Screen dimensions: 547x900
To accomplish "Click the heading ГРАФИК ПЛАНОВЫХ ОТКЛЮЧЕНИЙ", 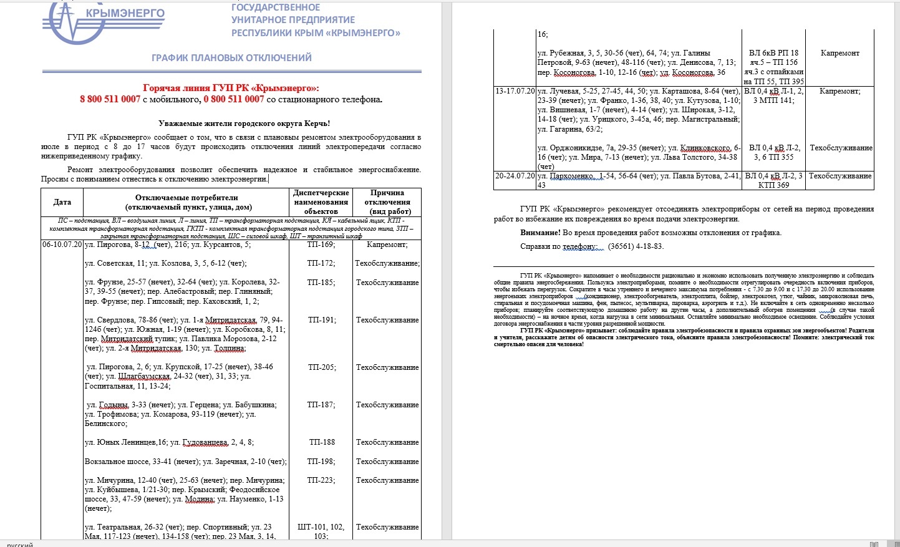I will point(231,58).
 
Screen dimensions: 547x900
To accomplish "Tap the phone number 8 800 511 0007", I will point(110,99).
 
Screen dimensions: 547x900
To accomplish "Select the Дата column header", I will point(62,202).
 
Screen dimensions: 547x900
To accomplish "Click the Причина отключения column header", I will point(387,202).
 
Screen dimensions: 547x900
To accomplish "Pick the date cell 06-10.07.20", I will point(62,244).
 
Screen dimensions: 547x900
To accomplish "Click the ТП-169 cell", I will point(321,244).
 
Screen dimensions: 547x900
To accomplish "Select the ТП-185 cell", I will point(321,283).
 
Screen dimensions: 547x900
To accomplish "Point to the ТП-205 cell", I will point(321,367).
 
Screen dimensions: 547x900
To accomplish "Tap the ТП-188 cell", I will point(322,442).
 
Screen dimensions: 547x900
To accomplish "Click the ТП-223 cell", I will point(321,480).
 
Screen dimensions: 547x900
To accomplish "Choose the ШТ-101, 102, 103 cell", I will point(321,531).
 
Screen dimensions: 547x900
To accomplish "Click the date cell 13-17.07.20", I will point(515,91).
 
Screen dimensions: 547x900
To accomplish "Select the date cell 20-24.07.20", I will point(515,176).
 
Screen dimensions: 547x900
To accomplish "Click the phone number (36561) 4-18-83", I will point(636,246).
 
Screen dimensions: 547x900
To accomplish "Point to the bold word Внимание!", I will point(540,233).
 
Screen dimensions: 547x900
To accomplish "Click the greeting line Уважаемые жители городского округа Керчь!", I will point(244,123).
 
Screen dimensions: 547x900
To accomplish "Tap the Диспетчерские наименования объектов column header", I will point(321,202).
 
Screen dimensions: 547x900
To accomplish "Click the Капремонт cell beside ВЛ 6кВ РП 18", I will point(840,53).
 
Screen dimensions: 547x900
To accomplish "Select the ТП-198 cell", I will point(321,462).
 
